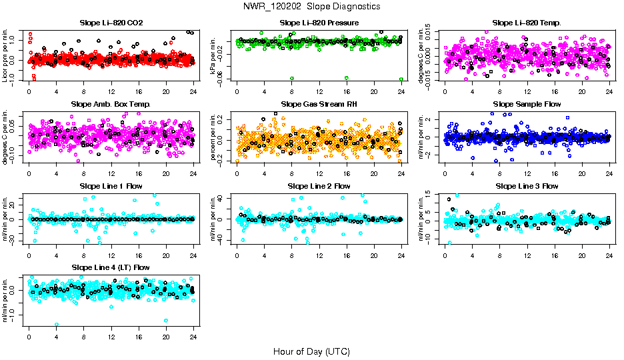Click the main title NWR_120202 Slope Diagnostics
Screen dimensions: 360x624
pos(312,6)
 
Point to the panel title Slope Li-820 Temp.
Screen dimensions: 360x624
pos(527,23)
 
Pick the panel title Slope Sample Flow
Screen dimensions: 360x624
pos(527,105)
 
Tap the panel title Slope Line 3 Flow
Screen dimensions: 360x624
pos(527,186)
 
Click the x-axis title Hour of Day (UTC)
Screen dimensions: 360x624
pos(311,351)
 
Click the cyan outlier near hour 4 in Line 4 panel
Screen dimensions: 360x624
pos(57,325)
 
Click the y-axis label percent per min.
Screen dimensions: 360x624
pos(213,137)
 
